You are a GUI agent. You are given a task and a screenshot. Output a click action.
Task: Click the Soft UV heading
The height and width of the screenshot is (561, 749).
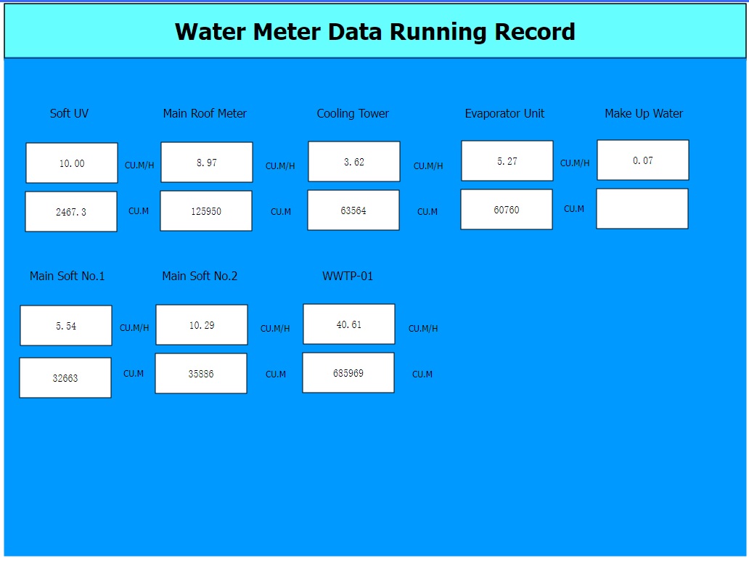[69, 113]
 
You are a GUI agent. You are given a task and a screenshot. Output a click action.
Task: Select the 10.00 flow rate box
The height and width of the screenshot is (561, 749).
[72, 163]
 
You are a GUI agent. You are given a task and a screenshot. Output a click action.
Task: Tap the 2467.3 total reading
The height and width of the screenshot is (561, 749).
[71, 212]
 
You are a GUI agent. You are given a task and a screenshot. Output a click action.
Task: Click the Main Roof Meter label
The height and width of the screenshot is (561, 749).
[205, 113]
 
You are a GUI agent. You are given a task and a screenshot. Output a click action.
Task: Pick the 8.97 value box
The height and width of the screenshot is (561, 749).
[207, 163]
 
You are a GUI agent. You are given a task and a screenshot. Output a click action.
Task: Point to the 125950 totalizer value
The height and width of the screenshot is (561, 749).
[206, 210]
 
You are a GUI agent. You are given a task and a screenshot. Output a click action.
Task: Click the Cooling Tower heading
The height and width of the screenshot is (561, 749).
[353, 113]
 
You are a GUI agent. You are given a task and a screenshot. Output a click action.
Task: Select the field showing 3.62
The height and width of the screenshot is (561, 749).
[354, 162]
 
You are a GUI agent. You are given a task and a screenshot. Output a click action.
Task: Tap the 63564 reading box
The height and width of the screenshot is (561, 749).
[353, 210]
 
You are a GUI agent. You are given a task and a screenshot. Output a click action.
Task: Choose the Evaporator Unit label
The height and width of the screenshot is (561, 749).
[504, 113]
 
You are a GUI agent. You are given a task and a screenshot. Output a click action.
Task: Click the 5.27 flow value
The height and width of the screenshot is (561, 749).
[507, 161]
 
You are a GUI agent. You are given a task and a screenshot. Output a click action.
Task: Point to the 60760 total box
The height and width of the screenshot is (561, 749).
[507, 209]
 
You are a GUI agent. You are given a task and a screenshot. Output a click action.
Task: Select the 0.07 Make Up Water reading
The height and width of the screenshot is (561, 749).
[643, 160]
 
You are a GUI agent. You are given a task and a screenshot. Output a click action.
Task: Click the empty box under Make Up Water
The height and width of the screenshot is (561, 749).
[642, 208]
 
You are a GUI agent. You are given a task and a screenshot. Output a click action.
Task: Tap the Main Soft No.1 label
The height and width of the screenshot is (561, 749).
[67, 277]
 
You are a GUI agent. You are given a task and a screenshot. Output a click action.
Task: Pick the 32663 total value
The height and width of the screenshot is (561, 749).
[65, 377]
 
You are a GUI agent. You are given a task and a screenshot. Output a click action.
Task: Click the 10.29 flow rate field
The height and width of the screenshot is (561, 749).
[202, 325]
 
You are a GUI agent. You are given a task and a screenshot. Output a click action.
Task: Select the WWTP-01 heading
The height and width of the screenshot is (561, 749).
[348, 277]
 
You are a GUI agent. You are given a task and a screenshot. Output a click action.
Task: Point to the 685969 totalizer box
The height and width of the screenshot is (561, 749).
[348, 373]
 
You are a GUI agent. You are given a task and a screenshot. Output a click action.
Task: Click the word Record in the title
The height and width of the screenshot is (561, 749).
[534, 32]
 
